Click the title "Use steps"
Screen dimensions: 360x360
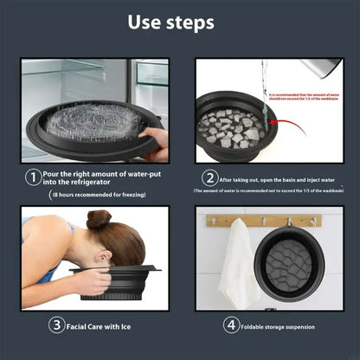pos(179,22)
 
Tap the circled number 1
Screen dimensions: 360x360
pos(31,177)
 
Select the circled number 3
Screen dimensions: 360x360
pos(56,325)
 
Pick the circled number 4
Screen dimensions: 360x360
pos(231,325)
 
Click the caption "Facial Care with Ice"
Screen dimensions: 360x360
pos(100,325)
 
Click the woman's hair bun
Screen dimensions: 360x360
pos(98,219)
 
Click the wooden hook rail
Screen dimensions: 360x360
pos(264,220)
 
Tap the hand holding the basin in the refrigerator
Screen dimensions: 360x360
pos(155,139)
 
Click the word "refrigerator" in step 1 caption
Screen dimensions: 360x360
pos(87,183)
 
